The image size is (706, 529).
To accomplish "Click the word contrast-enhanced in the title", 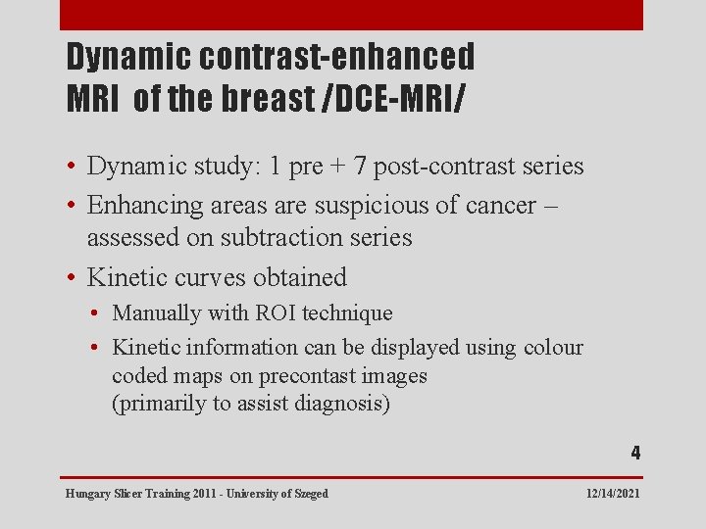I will pos(337,58).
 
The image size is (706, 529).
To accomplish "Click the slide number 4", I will pos(635,453).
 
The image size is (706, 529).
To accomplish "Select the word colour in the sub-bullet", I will pos(553,348).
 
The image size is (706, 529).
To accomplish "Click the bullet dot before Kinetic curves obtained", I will pos(74,278).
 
